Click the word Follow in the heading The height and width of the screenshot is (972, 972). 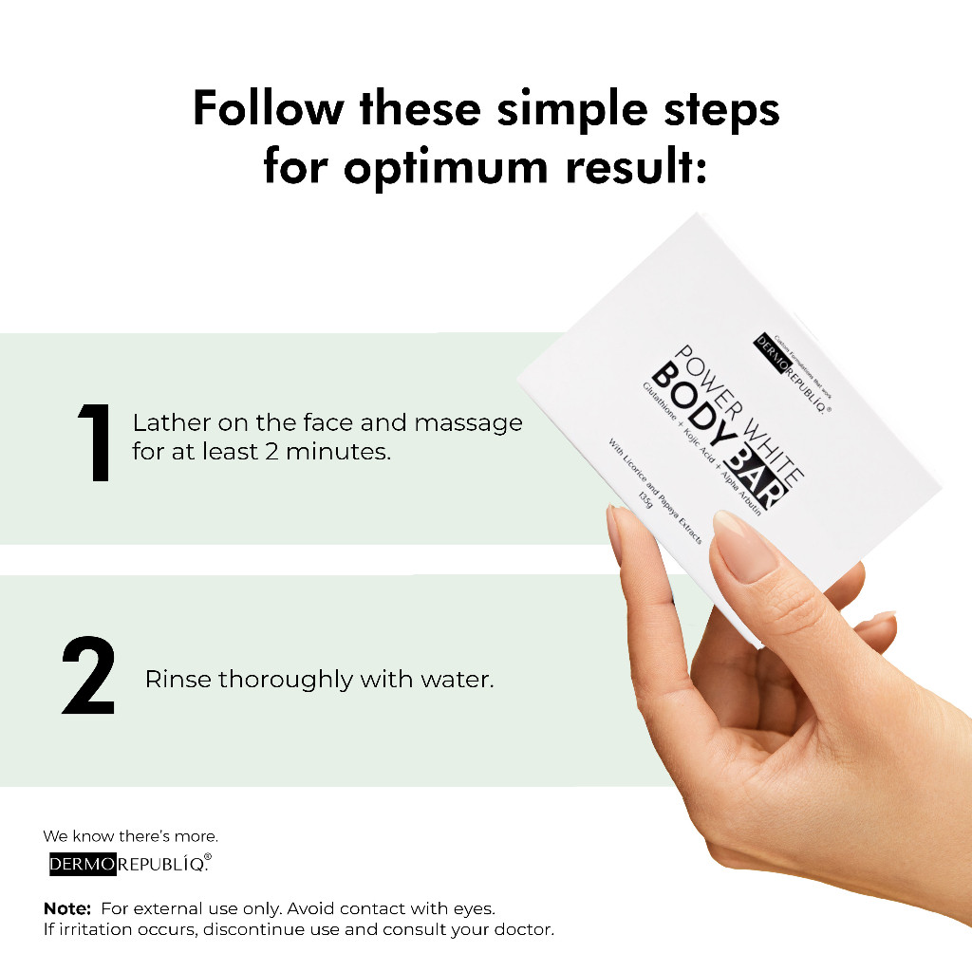(268, 108)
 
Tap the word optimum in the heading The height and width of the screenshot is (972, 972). (446, 169)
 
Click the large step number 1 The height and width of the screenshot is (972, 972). (95, 442)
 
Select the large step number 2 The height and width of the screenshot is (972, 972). (88, 675)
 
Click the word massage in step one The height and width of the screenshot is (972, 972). (468, 424)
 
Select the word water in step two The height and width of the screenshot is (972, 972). (457, 680)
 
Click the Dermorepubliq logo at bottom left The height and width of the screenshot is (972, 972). (130, 864)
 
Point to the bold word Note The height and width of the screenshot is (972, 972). (67, 908)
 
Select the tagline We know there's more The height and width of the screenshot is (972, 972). (130, 836)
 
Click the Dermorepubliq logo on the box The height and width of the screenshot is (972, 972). (792, 374)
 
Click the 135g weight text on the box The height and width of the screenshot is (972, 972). (645, 499)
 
